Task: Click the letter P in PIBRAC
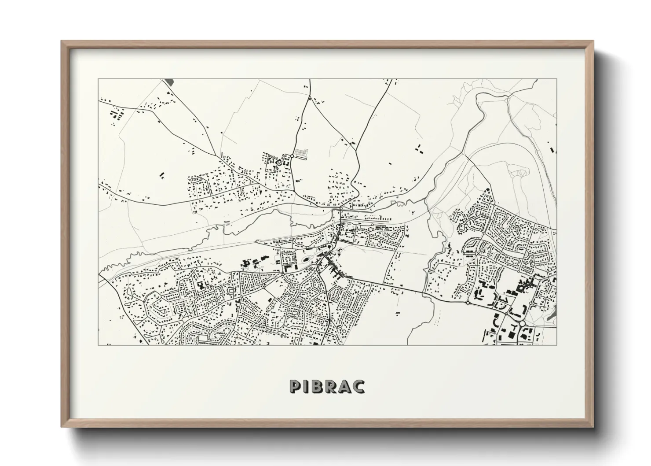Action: coord(295,386)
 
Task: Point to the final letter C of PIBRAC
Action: coord(359,386)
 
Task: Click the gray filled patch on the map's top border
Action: coord(169,82)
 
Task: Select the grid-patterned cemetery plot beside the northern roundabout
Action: coord(301,152)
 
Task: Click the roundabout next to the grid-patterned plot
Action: coord(292,155)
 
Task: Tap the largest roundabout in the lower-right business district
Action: coord(522,323)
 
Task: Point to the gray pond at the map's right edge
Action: coord(553,312)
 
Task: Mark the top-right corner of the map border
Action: coord(556,79)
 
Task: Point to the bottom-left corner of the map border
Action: coord(98,345)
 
